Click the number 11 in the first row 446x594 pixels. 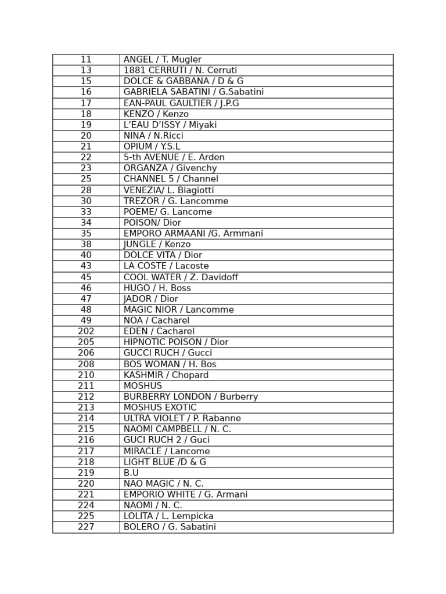[86, 60]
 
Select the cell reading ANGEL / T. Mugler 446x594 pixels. [163, 60]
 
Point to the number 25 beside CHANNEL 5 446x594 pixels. [86, 179]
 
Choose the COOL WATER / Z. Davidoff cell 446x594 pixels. [181, 277]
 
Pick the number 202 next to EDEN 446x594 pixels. [86, 332]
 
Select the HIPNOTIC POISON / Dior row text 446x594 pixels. [176, 342]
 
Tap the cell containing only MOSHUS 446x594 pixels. [143, 386]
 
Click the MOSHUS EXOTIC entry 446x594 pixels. [160, 408]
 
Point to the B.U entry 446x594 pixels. [131, 473]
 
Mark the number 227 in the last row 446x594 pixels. [86, 527]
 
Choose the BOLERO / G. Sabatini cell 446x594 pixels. [170, 527]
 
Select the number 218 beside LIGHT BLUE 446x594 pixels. [86, 462]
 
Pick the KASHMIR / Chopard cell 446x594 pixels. [166, 375]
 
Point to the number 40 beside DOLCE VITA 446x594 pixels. [86, 255]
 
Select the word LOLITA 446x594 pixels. [138, 516]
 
